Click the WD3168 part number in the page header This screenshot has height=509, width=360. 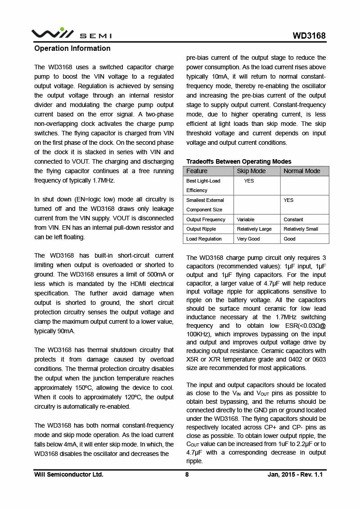coord(309,36)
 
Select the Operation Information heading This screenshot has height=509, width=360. coord(72,49)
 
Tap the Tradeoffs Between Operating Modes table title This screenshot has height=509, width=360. coord(238,161)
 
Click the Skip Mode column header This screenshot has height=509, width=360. coord(251,171)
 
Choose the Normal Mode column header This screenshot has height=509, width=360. coord(301,171)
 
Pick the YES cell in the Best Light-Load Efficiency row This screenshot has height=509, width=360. coord(249,181)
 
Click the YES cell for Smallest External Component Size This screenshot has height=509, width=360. coord(288,200)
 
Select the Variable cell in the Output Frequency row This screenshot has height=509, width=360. coord(246,219)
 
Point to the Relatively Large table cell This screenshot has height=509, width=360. coord(254,229)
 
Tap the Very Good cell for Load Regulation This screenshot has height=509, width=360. coord(248,239)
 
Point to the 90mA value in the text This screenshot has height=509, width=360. coord(66,331)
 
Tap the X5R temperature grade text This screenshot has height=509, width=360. coord(194,359)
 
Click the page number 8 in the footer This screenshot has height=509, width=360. coord(187,474)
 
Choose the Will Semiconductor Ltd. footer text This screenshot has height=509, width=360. coord(68,474)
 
